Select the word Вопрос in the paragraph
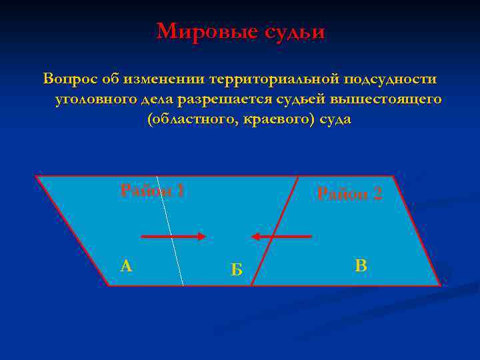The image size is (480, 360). click(70, 79)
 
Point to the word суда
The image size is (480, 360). click(332, 120)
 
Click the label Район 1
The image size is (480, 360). click(152, 191)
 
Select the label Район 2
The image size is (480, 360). click(349, 194)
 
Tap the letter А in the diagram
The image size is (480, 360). click(126, 266)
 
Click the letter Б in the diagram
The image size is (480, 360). click(236, 269)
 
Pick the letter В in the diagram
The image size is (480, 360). click(361, 266)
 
